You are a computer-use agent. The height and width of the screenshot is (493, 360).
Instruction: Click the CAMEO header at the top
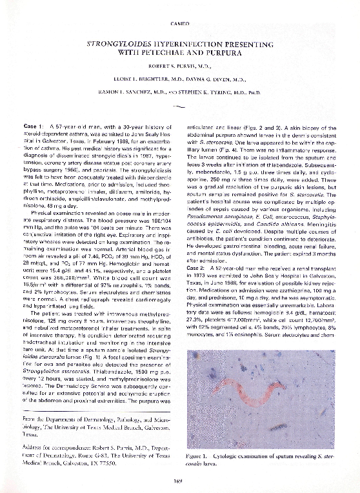point(179,24)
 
